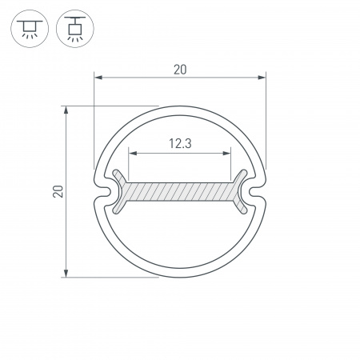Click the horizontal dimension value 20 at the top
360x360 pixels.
coord(179,69)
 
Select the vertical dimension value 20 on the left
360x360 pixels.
coord(57,192)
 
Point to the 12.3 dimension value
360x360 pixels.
coord(179,144)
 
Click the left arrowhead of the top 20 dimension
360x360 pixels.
coord(98,78)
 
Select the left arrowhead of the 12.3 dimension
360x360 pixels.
coord(133,154)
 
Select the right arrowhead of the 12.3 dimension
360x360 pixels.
coord(226,154)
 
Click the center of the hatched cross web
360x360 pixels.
coord(179,192)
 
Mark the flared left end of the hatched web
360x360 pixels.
coord(120,192)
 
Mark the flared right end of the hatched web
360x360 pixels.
coord(239,192)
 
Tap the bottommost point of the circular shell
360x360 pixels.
coord(179,278)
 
